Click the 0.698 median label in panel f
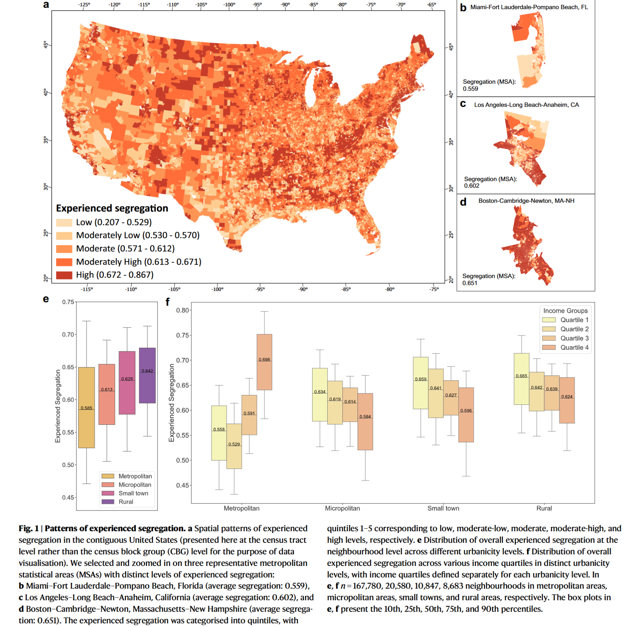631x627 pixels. pyautogui.click(x=264, y=360)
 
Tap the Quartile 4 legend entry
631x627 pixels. pyautogui.click(x=574, y=347)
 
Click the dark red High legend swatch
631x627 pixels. pyautogui.click(x=64, y=275)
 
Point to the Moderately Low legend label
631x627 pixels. pyautogui.click(x=138, y=235)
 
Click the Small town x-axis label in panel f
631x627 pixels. pyautogui.click(x=443, y=508)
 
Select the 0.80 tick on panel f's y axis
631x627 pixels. pyautogui.click(x=182, y=310)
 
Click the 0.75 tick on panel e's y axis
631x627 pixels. pyautogui.click(x=68, y=302)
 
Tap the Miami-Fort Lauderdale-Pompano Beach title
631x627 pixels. pyautogui.click(x=529, y=7)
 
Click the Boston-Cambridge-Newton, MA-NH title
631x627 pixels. pyautogui.click(x=526, y=201)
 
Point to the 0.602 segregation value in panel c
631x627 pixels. pyautogui.click(x=471, y=186)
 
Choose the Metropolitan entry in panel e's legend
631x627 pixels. pyautogui.click(x=135, y=476)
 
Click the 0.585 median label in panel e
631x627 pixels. pyautogui.click(x=86, y=408)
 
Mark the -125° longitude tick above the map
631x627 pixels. pyautogui.click(x=84, y=5)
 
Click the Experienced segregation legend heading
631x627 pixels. pyautogui.click(x=112, y=208)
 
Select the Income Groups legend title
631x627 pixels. pyautogui.click(x=565, y=311)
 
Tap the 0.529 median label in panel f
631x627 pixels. pyautogui.click(x=234, y=444)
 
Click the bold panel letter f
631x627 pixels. pyautogui.click(x=168, y=302)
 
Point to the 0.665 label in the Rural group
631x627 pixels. pyautogui.click(x=521, y=376)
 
